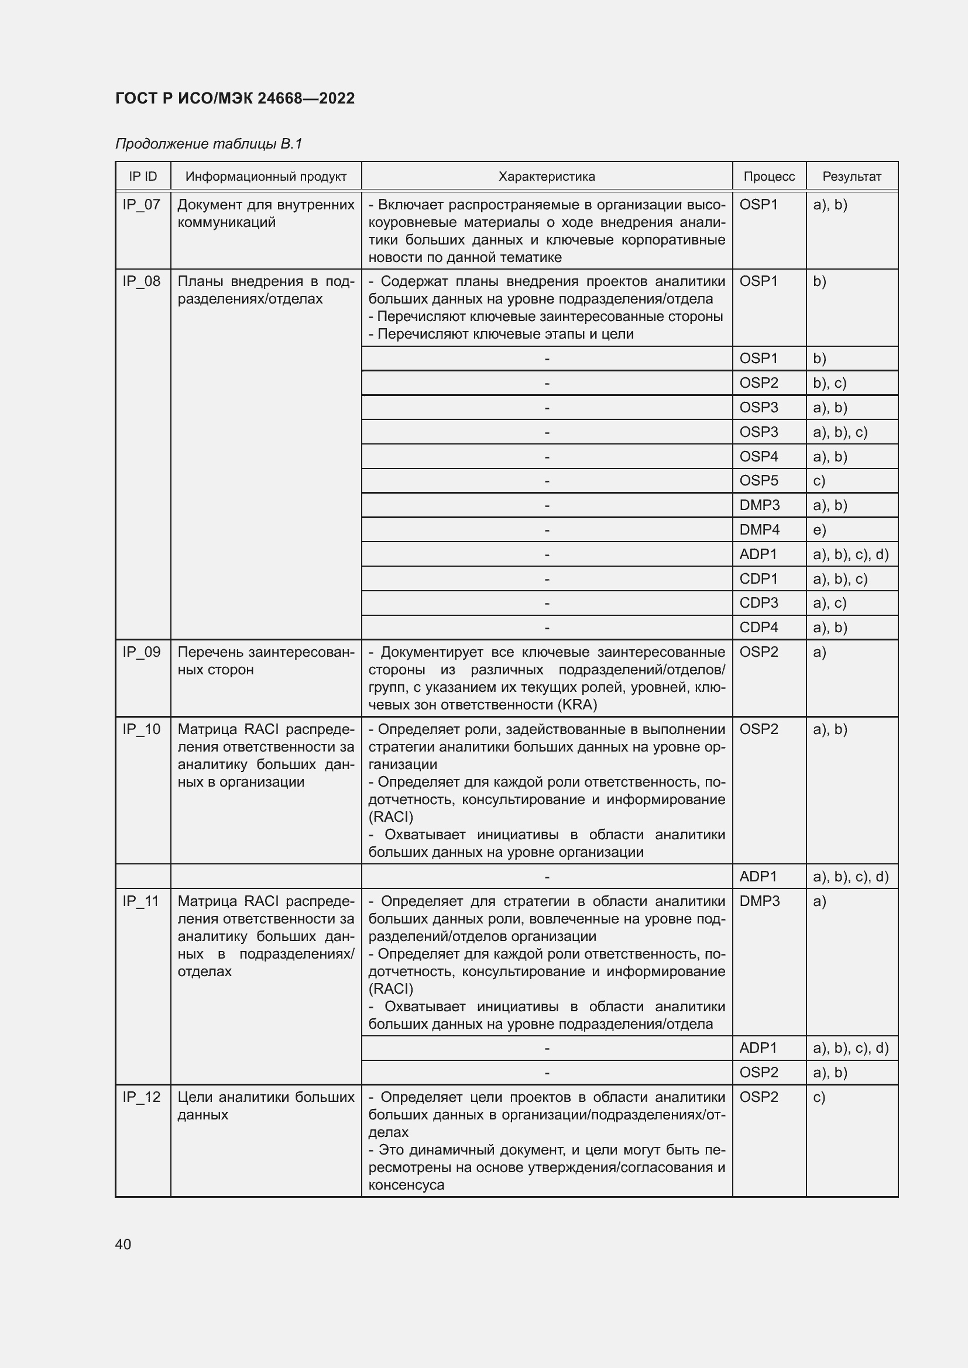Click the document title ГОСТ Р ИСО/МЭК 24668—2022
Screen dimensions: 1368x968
(x=235, y=98)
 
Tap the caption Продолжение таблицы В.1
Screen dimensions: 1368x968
(x=208, y=144)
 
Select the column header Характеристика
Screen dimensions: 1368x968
(x=546, y=177)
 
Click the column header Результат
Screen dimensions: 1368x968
(x=851, y=177)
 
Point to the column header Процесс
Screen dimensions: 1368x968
(x=769, y=177)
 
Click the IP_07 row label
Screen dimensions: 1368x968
(x=142, y=205)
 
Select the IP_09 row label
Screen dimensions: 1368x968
(x=142, y=652)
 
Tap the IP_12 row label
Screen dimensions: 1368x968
(x=142, y=1097)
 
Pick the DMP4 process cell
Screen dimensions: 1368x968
(x=759, y=530)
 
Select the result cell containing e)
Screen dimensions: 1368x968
(x=819, y=530)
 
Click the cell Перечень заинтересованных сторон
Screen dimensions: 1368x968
(x=265, y=661)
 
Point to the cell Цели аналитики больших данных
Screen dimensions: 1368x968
(x=265, y=1106)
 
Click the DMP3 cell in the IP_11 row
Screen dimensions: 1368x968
(x=759, y=901)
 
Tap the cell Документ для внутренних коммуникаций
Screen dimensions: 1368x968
(x=265, y=213)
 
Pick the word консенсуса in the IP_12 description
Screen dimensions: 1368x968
(x=407, y=1185)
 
